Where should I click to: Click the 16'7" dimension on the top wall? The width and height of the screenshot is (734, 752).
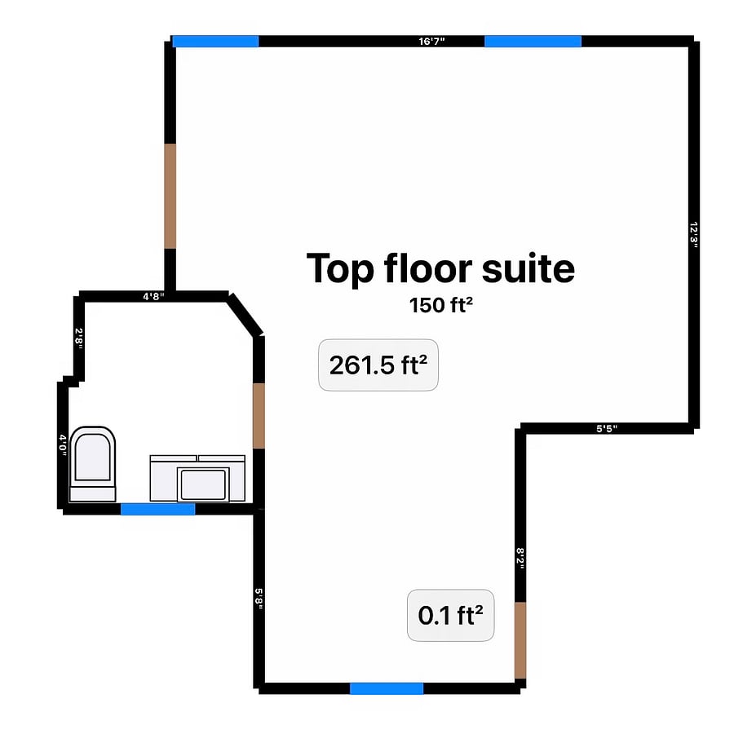click(x=431, y=42)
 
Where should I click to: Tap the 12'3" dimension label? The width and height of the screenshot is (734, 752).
click(x=694, y=235)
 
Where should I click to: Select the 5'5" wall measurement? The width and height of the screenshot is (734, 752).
click(x=607, y=428)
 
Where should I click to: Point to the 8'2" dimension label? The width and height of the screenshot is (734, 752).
click(x=520, y=560)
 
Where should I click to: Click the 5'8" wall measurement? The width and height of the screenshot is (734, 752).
click(x=259, y=599)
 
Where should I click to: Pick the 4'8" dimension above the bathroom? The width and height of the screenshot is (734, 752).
click(x=153, y=296)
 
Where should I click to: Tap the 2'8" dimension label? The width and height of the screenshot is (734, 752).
click(x=79, y=338)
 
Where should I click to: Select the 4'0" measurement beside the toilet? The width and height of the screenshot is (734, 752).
click(x=63, y=445)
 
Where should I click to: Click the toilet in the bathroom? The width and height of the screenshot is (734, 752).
click(x=92, y=464)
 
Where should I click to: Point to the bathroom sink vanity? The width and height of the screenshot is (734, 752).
click(x=197, y=478)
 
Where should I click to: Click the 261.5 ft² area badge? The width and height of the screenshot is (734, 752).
click(x=378, y=365)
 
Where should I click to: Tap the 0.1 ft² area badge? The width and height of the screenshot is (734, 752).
click(x=451, y=615)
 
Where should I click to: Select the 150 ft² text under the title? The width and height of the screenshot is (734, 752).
click(x=441, y=305)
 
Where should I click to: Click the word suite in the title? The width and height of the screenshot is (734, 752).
click(x=528, y=268)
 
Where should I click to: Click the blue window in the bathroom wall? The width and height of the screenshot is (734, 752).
click(x=157, y=509)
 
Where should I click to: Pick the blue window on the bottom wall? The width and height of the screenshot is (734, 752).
click(x=387, y=688)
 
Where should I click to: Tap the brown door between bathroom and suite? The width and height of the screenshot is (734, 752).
click(x=259, y=416)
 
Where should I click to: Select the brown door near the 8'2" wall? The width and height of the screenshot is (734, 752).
click(x=520, y=640)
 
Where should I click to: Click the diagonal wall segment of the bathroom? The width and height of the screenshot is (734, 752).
click(x=245, y=315)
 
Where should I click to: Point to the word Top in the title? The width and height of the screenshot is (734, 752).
click(x=340, y=269)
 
